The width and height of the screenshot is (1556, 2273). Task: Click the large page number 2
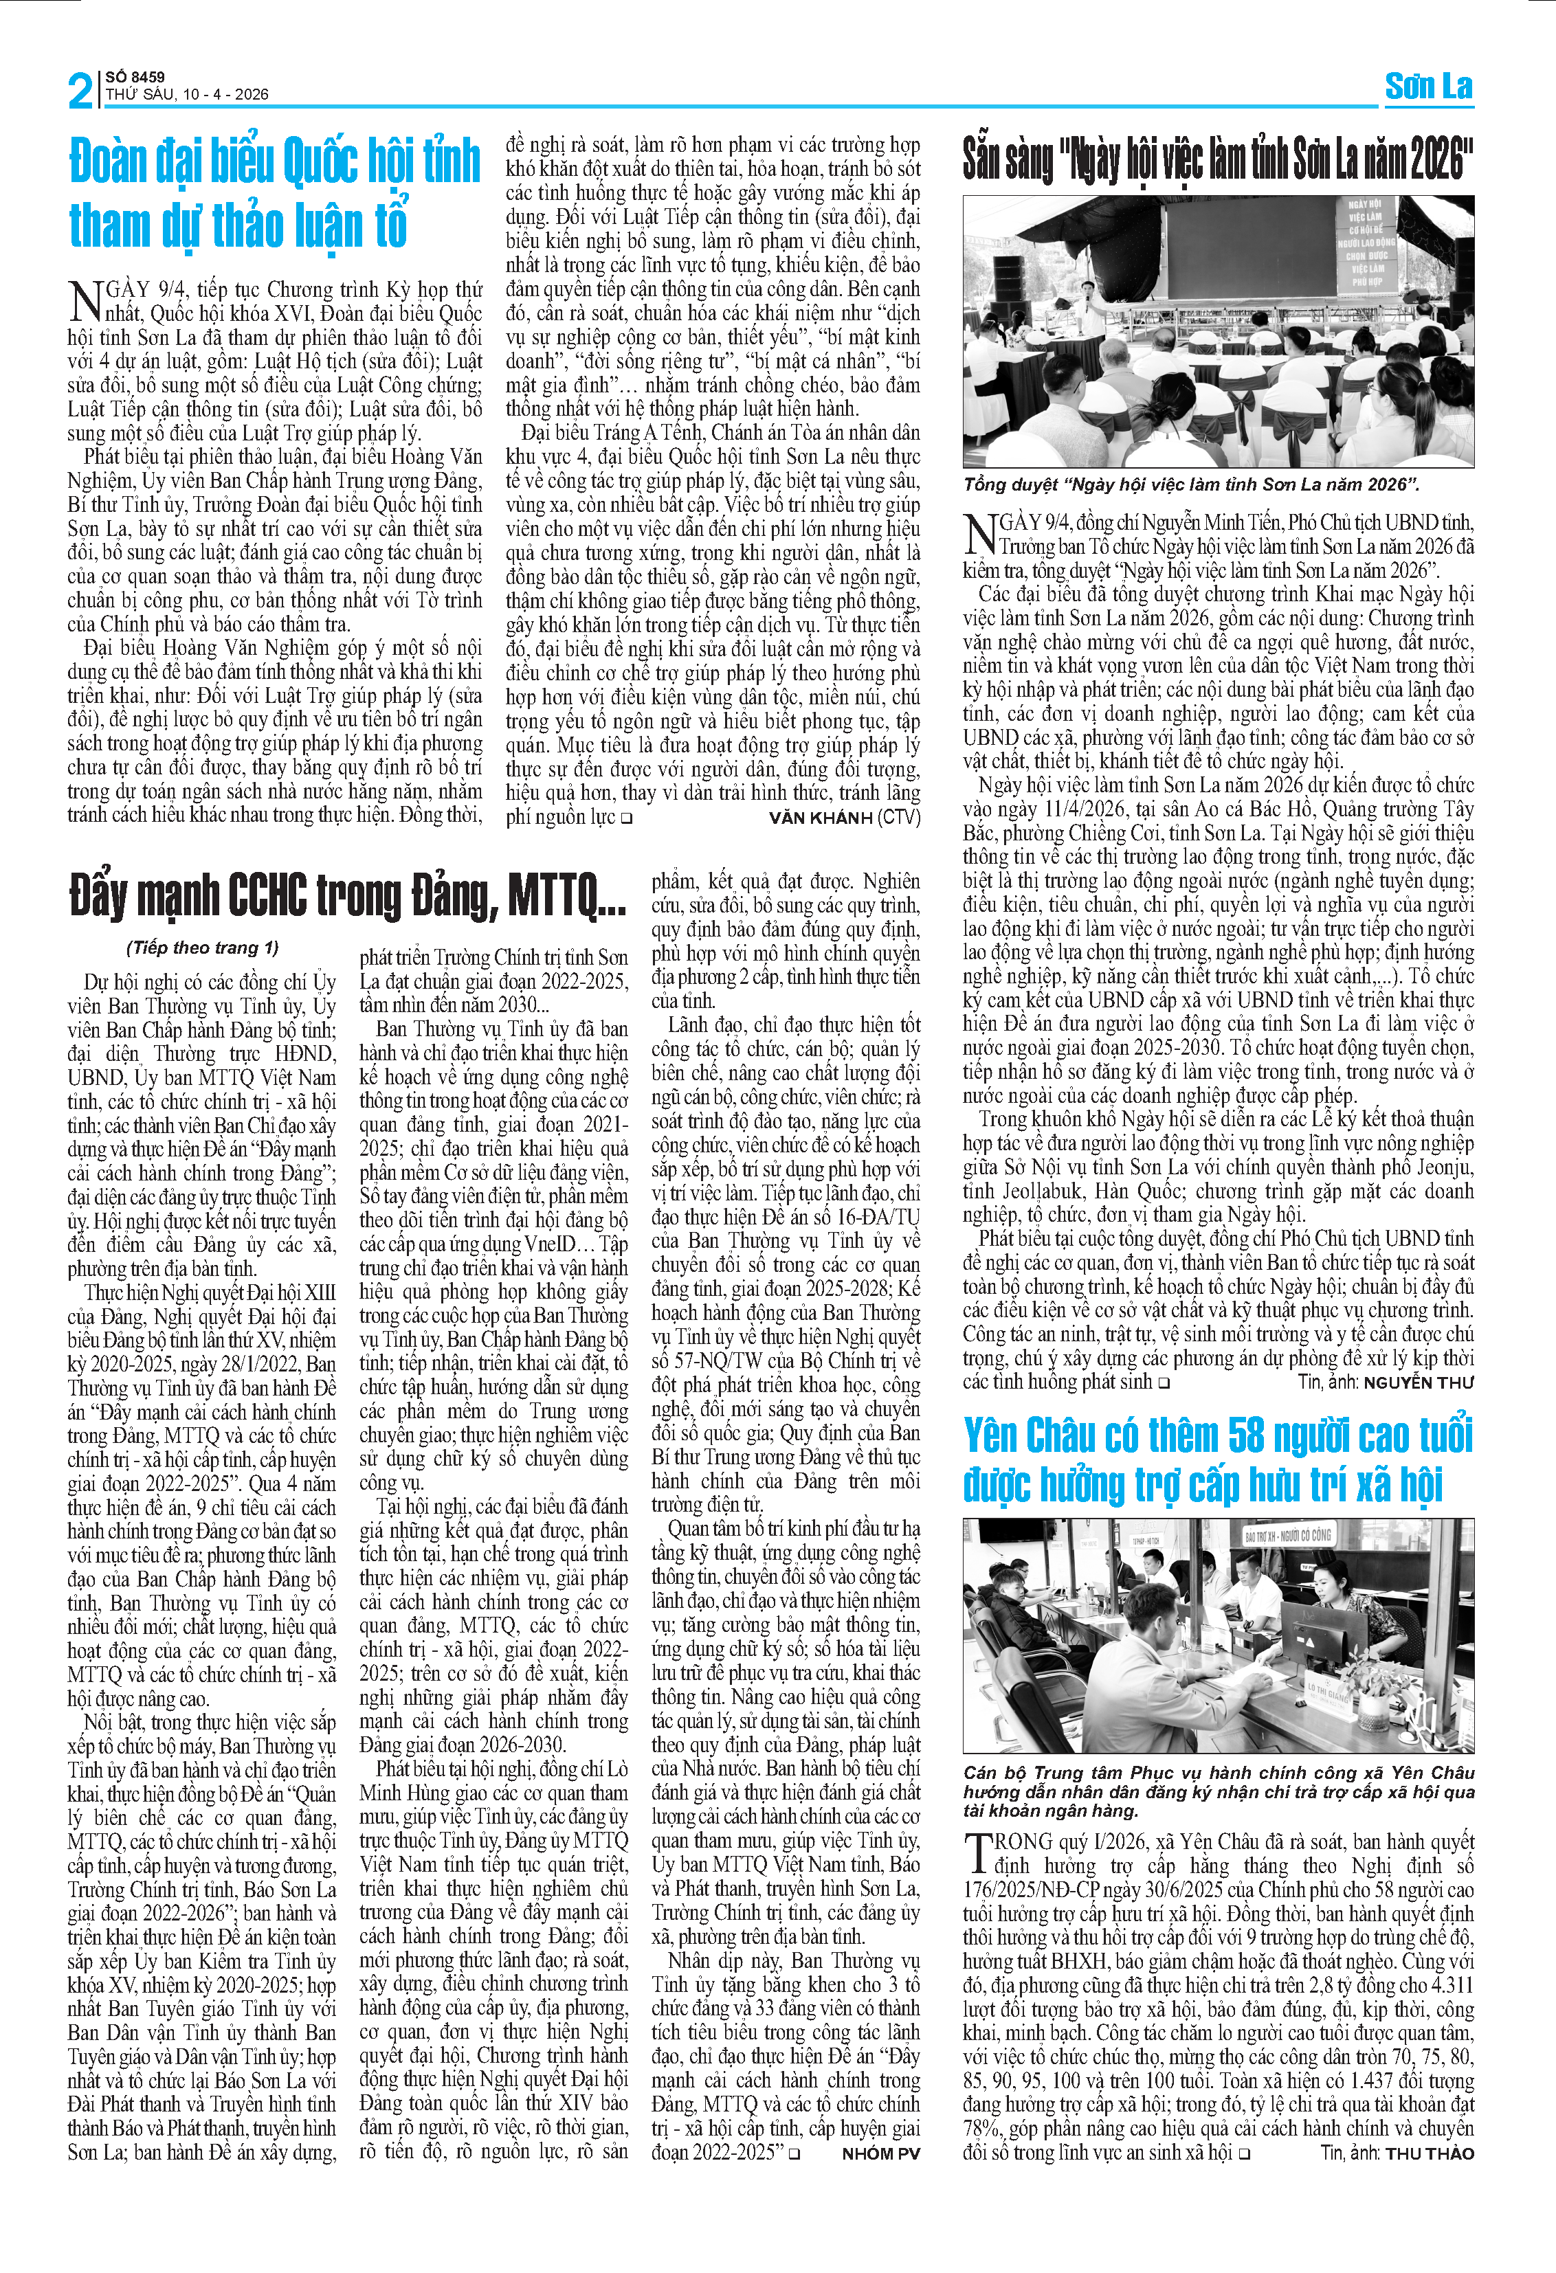tap(80, 91)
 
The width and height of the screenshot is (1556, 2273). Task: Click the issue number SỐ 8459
tap(135, 76)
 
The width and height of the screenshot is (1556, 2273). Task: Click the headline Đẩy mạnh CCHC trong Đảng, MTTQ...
tap(347, 894)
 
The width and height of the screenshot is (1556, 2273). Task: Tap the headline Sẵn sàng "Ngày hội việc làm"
tap(1218, 159)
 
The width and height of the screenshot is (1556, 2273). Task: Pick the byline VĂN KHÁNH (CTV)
tap(844, 818)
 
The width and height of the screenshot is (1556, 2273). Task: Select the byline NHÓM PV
tap(880, 2153)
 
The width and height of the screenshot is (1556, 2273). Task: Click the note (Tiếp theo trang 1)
tap(203, 947)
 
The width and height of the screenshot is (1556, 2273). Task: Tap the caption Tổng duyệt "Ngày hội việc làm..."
tap(1190, 485)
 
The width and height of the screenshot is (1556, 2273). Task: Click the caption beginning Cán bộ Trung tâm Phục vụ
tap(1218, 1791)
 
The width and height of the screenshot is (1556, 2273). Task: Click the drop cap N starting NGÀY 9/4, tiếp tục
tap(85, 300)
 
